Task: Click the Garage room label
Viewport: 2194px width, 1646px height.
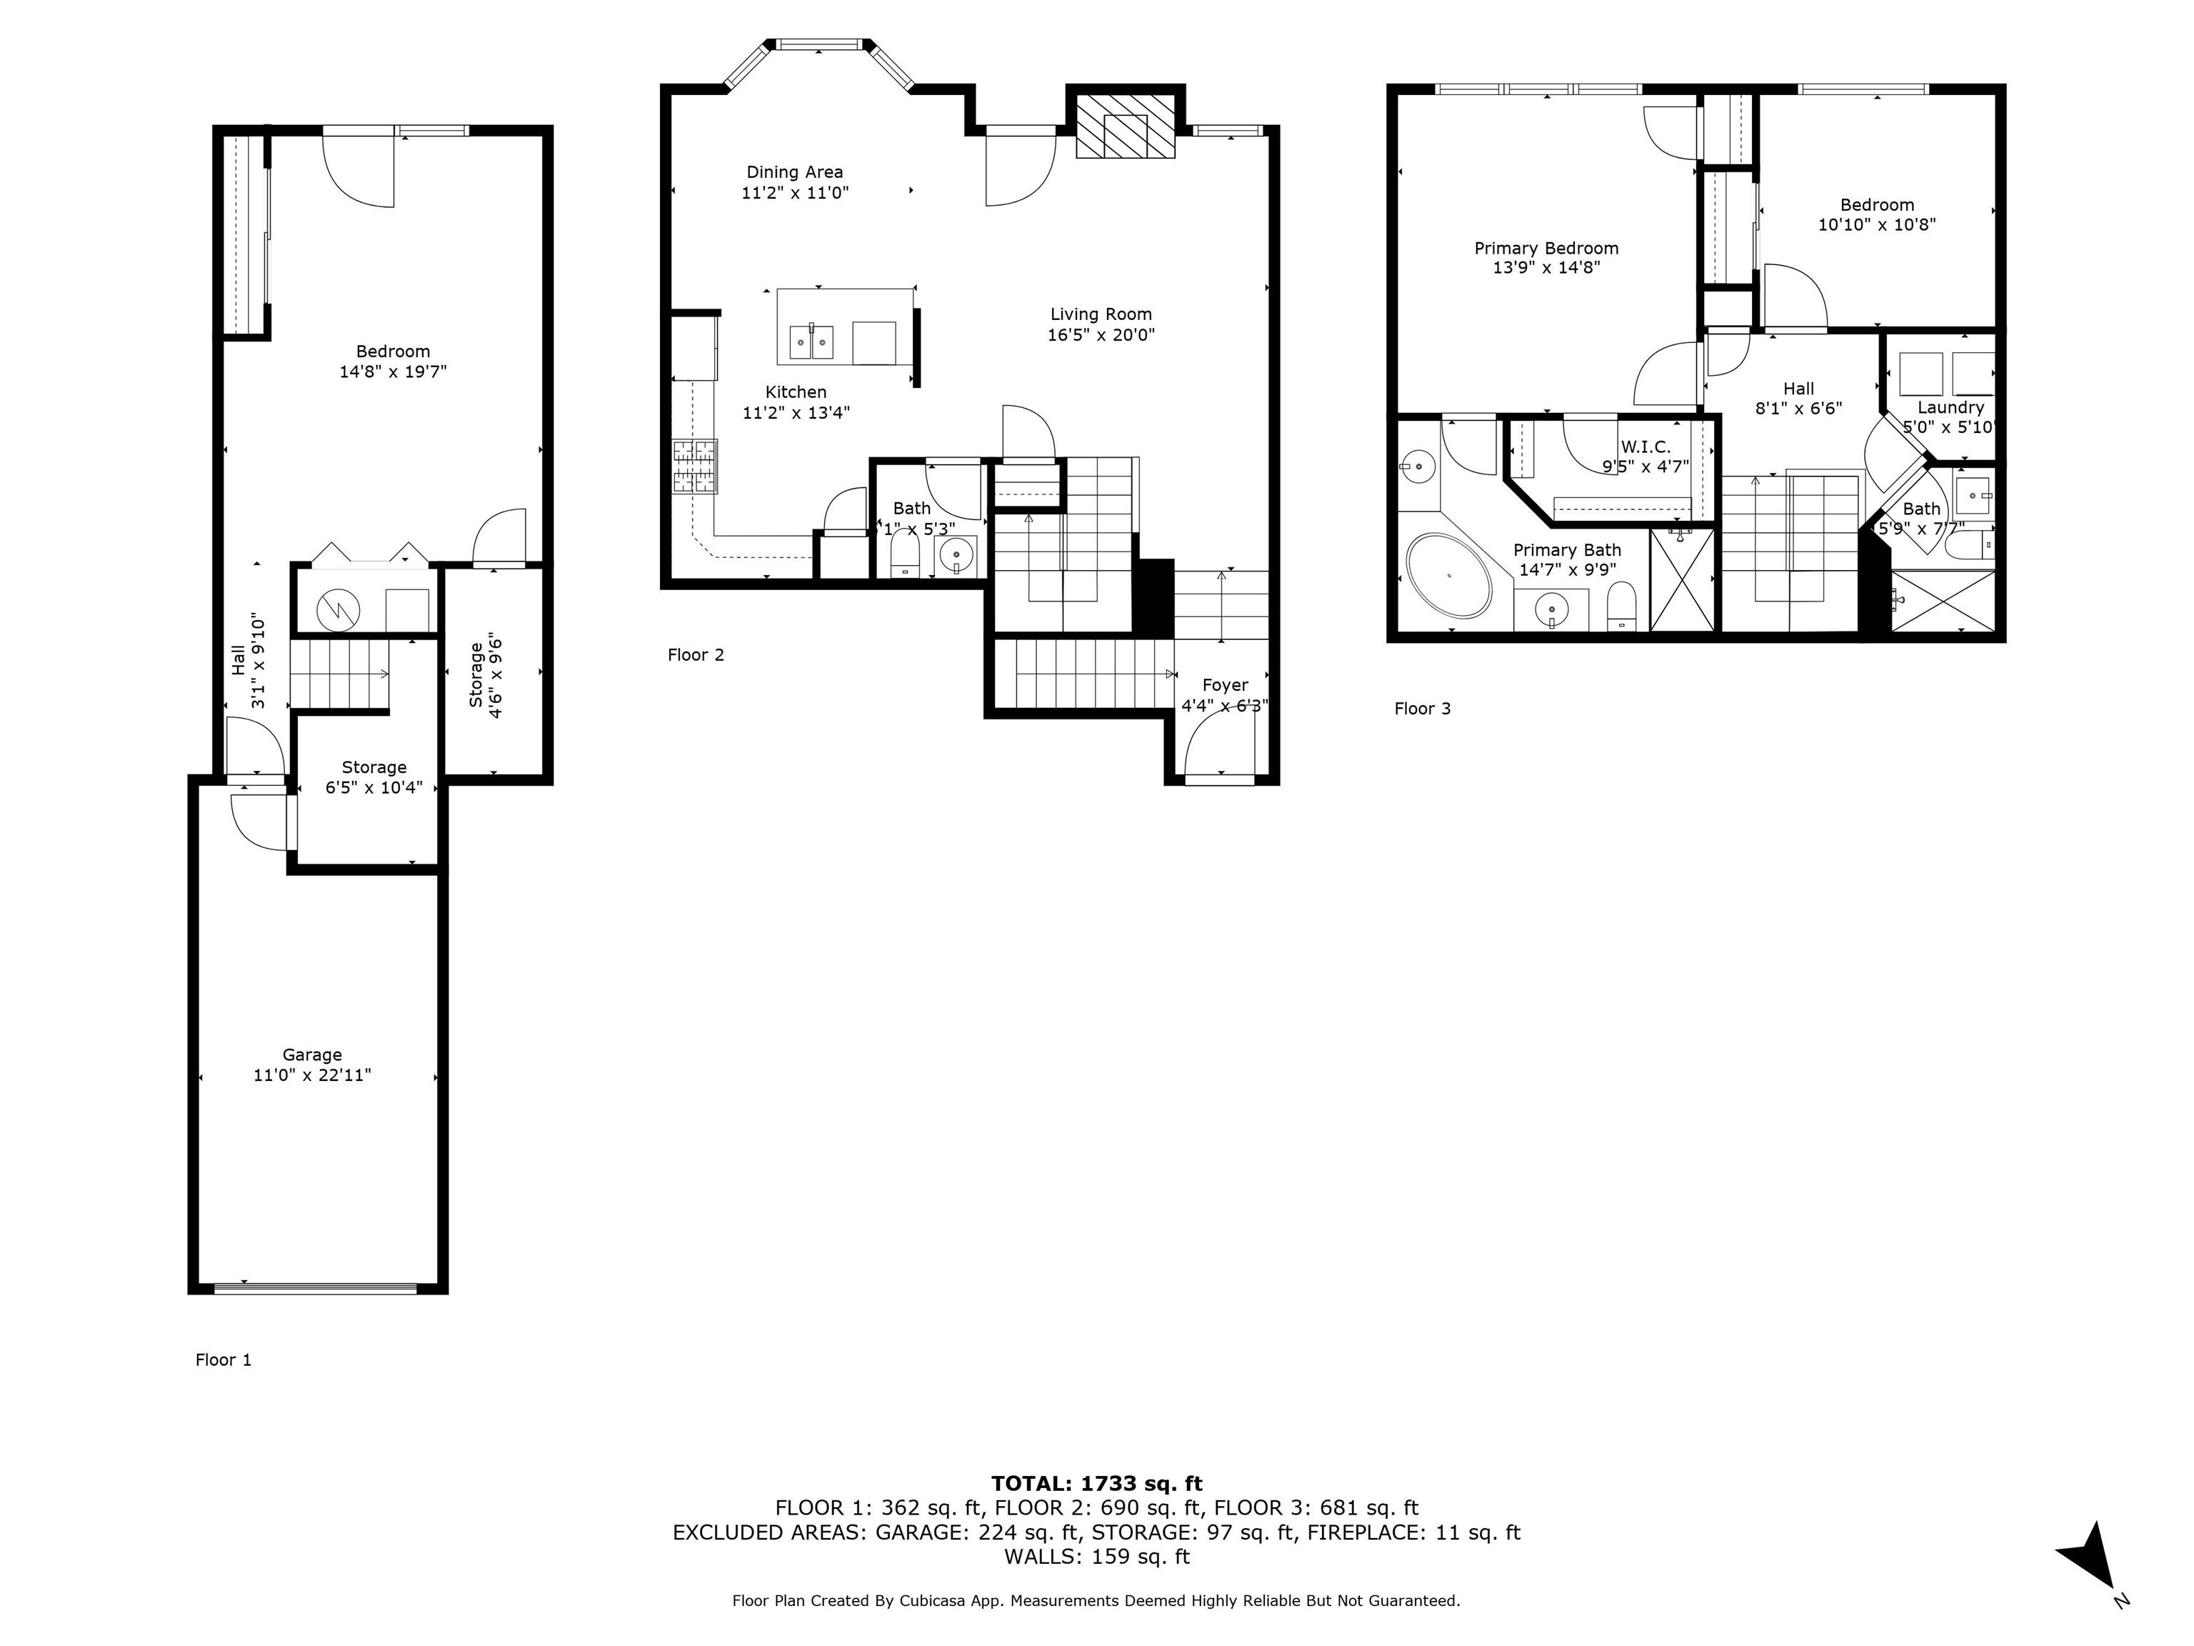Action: pos(311,1054)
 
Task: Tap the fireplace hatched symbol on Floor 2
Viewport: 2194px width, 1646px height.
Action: pos(1126,126)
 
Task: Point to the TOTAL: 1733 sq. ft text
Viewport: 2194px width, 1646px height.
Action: pos(1096,1483)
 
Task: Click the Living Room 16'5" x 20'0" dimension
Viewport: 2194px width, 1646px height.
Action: pos(1101,335)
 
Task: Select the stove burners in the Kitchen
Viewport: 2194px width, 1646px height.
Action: pos(694,467)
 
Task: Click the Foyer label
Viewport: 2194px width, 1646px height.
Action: pos(1225,684)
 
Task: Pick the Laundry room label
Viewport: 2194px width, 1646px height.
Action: pos(1950,406)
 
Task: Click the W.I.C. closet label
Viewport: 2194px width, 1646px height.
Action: pos(1645,447)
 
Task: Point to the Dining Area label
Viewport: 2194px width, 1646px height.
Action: pos(794,171)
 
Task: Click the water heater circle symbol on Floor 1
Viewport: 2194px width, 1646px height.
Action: pos(339,609)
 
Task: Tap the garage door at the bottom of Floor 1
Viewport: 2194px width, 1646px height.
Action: pos(316,1288)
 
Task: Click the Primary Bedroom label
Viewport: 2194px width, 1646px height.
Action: pos(1546,248)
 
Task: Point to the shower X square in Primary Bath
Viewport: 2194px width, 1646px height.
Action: pos(1681,580)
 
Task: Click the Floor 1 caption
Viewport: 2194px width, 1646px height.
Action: pos(223,1360)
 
